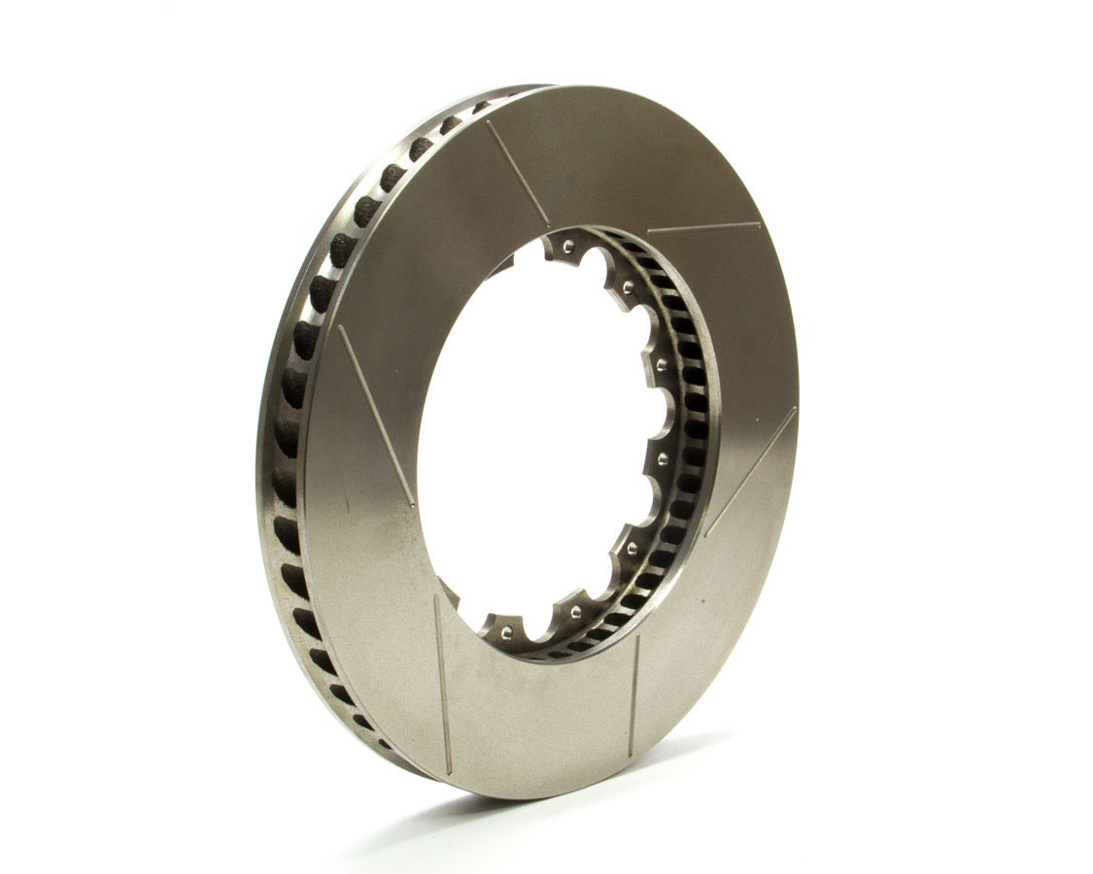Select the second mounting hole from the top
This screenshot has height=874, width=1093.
tap(628, 286)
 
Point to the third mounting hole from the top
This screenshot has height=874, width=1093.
tap(663, 366)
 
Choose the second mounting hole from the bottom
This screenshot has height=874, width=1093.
tap(576, 612)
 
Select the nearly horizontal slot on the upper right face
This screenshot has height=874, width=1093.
tap(703, 228)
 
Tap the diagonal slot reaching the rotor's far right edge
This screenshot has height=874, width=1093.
tap(751, 469)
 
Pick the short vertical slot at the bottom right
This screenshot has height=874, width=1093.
tap(633, 695)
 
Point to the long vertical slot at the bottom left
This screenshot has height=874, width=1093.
tap(442, 685)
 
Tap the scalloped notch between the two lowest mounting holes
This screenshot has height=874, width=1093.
tap(539, 626)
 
